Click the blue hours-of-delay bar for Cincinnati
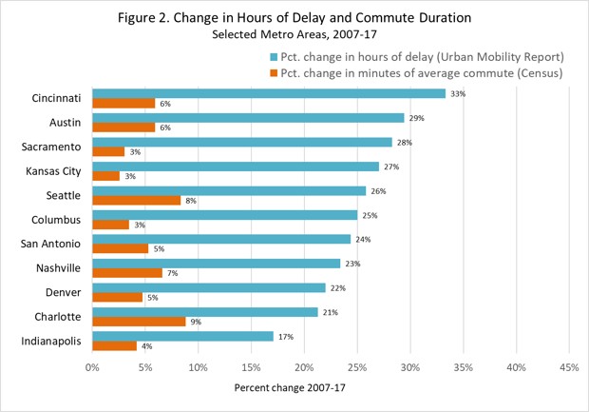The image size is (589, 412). (x=269, y=93)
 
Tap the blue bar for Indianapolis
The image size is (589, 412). (x=182, y=336)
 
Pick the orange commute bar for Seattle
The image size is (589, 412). (x=136, y=200)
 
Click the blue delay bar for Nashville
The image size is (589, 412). (x=216, y=263)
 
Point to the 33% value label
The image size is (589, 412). (x=458, y=94)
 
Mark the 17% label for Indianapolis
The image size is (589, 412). (x=286, y=336)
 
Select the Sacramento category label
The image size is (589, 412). (x=54, y=147)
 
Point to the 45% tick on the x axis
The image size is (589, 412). (x=568, y=366)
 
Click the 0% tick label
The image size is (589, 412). (x=92, y=366)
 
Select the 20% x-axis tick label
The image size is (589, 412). (x=304, y=366)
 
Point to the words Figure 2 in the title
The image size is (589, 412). (x=179, y=17)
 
